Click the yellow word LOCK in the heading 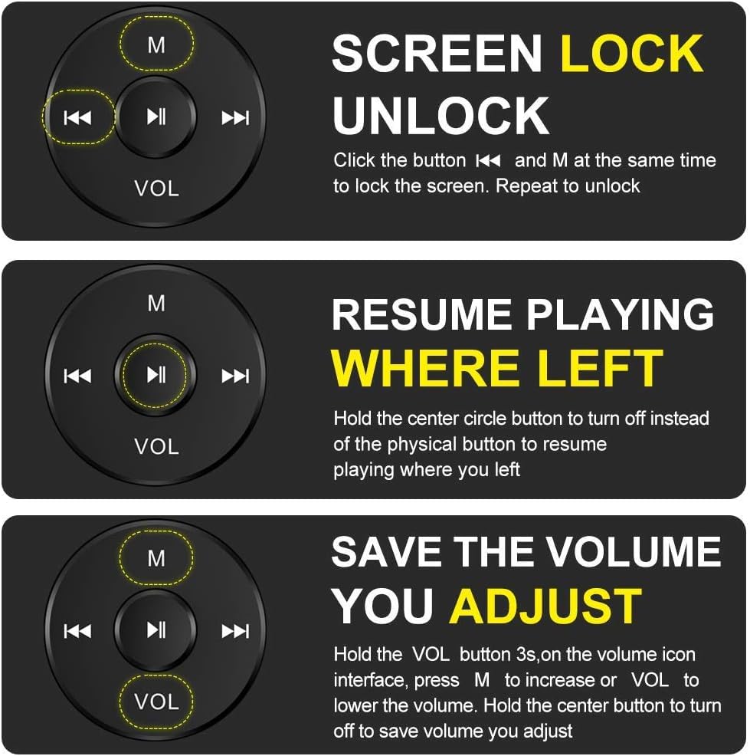(x=632, y=54)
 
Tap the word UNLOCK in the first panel (x=441, y=116)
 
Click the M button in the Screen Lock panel (x=156, y=44)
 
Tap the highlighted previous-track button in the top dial (x=78, y=117)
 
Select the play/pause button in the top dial (x=156, y=117)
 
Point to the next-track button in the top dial (x=235, y=117)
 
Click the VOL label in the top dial (x=156, y=188)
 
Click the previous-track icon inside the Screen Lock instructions (x=489, y=160)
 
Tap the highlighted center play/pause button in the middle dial (x=156, y=375)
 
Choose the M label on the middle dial (x=156, y=304)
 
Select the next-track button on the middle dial (x=235, y=376)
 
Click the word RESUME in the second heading (x=421, y=314)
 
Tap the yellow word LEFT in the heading (x=601, y=368)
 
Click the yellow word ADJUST (x=545, y=606)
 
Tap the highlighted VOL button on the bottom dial (x=156, y=702)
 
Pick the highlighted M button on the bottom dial (x=156, y=558)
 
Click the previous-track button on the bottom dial (x=77, y=631)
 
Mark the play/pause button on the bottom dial (x=156, y=629)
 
